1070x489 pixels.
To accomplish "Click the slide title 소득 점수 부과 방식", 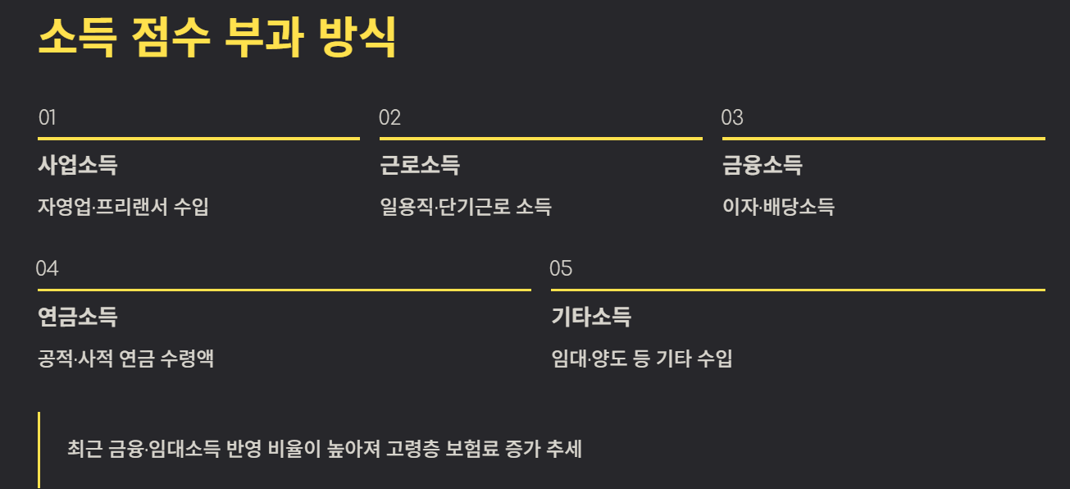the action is (x=217, y=36).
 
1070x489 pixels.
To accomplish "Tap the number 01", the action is (x=47, y=117).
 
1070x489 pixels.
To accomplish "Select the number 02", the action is (x=389, y=117).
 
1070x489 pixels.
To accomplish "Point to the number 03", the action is (x=732, y=117).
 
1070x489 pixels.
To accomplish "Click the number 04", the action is (x=48, y=268).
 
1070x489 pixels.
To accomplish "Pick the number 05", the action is (x=561, y=268).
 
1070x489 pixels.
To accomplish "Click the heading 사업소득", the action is (x=78, y=166).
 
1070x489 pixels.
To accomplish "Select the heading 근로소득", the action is (x=420, y=166).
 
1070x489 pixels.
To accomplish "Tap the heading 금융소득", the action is (x=762, y=166).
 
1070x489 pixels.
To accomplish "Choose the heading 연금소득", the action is (x=78, y=317).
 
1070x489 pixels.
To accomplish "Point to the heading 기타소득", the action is (x=591, y=317).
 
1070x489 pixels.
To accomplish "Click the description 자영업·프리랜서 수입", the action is (x=124, y=207).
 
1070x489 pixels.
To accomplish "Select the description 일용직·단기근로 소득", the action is (x=466, y=207).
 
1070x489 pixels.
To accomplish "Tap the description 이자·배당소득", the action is (x=778, y=207).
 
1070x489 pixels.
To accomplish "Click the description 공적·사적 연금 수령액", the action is (x=126, y=359).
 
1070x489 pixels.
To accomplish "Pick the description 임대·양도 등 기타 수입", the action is (x=642, y=359).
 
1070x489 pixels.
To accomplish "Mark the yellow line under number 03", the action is (x=883, y=139).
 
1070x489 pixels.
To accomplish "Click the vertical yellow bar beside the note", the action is (x=39, y=450).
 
